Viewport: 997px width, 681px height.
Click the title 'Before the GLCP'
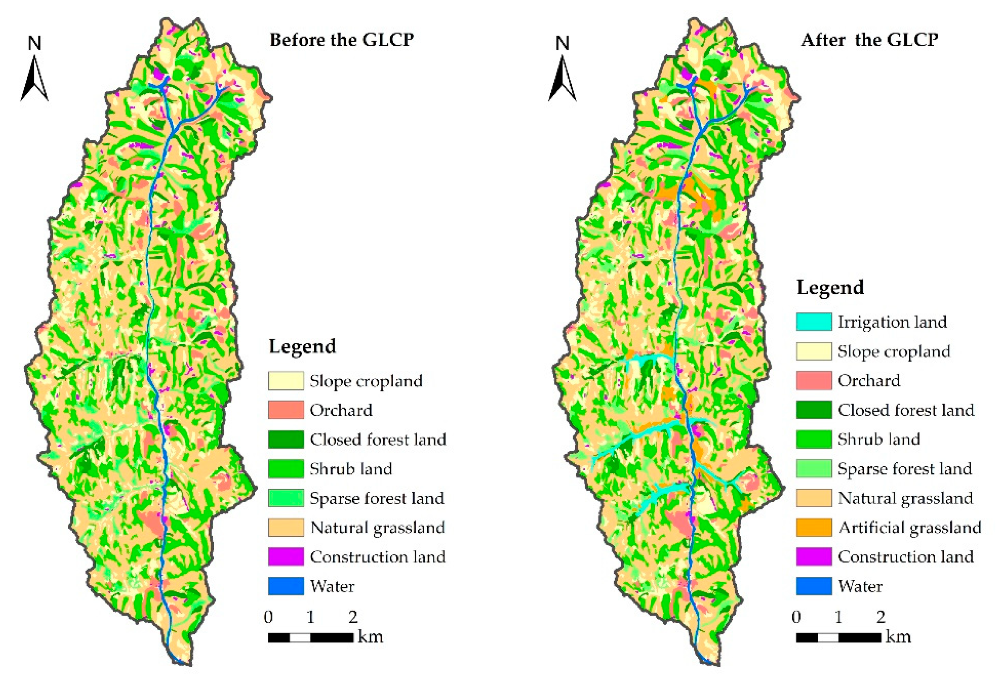(341, 40)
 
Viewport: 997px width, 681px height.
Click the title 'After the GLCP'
(869, 40)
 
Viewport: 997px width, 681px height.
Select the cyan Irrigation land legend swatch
(813, 322)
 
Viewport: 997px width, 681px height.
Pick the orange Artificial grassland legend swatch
(813, 527)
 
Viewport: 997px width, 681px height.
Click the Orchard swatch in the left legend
(286, 410)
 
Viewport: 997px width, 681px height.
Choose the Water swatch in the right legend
(813, 586)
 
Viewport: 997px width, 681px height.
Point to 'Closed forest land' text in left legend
(378, 439)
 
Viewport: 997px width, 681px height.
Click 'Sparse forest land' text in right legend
(904, 469)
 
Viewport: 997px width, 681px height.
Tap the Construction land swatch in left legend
(286, 556)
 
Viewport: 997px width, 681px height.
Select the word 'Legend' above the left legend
(302, 346)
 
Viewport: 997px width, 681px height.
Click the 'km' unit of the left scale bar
(370, 636)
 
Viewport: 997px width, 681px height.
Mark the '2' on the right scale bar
(881, 617)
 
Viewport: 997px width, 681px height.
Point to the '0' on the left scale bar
(269, 617)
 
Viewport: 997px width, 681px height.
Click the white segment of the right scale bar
(828, 638)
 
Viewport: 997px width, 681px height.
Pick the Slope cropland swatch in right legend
(813, 351)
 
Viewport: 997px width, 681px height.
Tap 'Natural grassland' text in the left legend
(377, 527)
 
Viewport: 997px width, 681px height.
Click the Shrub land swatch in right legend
(813, 439)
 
